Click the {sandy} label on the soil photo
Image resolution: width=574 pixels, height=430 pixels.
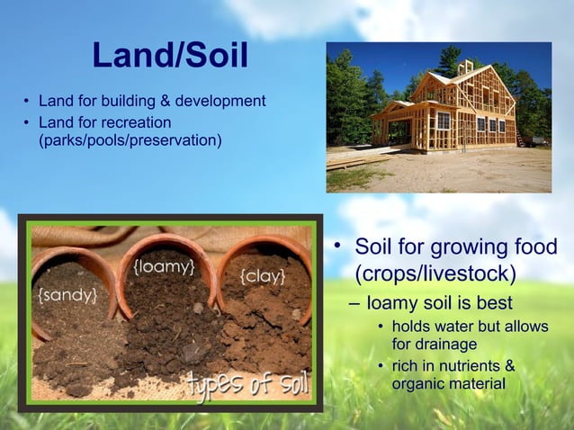tap(67, 294)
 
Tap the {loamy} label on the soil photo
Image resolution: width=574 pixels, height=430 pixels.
tap(164, 267)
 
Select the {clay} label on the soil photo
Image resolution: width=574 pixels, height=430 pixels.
tap(263, 275)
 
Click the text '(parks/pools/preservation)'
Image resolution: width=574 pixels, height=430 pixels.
tap(129, 140)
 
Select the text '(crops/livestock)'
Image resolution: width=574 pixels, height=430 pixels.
tap(435, 272)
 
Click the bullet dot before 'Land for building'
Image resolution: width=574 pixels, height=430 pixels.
tap(27, 101)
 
